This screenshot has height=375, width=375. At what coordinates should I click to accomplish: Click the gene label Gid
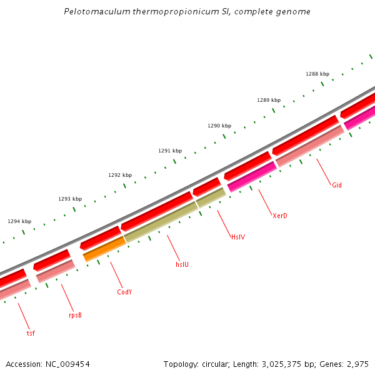pyautogui.click(x=337, y=185)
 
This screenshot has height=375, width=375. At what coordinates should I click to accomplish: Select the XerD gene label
pyautogui.click(x=280, y=216)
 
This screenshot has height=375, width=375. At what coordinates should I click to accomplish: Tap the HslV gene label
pyautogui.click(x=238, y=237)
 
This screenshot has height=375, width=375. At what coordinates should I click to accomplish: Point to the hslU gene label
pyautogui.click(x=182, y=264)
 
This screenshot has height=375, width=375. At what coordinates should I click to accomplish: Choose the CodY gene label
pyautogui.click(x=124, y=292)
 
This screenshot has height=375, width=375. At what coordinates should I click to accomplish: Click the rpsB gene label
pyautogui.click(x=75, y=315)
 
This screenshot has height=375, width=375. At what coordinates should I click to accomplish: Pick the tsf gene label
pyautogui.click(x=31, y=333)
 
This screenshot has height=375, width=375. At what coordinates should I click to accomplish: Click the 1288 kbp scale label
pyautogui.click(x=317, y=74)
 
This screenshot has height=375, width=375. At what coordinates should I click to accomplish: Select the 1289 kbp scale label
pyautogui.click(x=269, y=100)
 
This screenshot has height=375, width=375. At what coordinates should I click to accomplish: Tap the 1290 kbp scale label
pyautogui.click(x=219, y=126)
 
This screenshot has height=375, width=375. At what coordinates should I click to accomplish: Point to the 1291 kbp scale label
pyautogui.click(x=170, y=151)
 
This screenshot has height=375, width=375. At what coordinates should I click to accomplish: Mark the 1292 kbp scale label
pyautogui.click(x=120, y=175)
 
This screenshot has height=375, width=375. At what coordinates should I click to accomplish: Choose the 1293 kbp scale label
pyautogui.click(x=70, y=199)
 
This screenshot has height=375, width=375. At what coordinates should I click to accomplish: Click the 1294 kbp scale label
pyautogui.click(x=19, y=221)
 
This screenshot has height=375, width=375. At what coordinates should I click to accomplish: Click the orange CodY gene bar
pyautogui.click(x=104, y=248)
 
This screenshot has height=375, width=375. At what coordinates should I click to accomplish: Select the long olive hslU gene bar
pyautogui.click(x=161, y=222)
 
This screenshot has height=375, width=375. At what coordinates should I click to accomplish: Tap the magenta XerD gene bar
pyautogui.click(x=252, y=177)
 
